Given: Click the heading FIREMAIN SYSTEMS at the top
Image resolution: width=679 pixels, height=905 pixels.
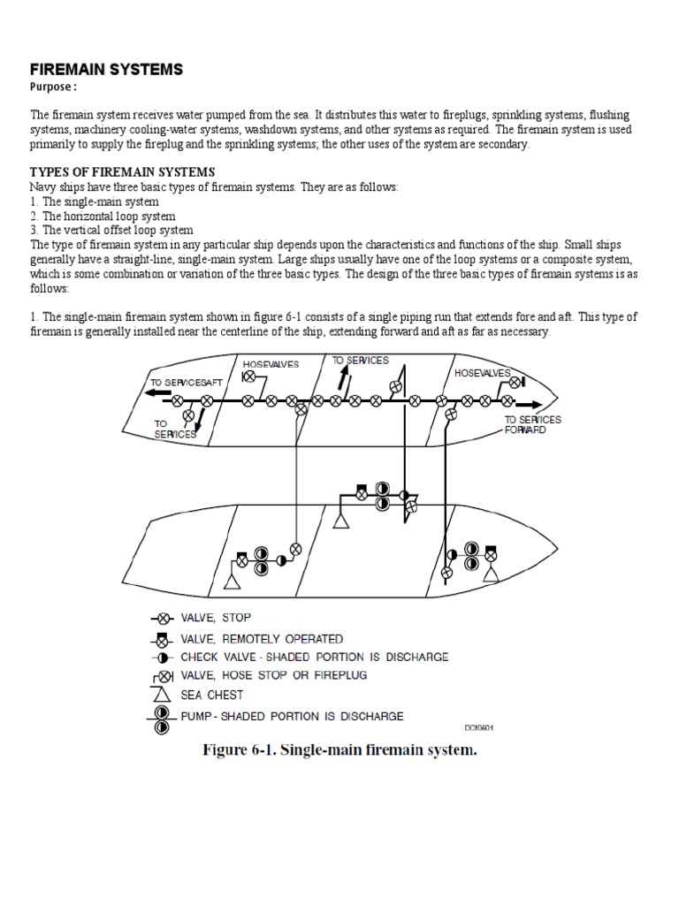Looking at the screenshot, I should click(106, 69).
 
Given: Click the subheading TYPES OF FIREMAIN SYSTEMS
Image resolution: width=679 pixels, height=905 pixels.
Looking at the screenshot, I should click(122, 171).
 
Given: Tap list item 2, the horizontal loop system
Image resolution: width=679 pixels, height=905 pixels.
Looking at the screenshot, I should click(103, 216).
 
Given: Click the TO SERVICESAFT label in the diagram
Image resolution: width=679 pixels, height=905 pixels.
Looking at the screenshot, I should click(186, 382).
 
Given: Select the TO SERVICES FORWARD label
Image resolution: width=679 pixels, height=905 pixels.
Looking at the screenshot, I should click(532, 424).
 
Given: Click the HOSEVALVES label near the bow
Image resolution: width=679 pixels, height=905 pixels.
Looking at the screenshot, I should click(482, 374).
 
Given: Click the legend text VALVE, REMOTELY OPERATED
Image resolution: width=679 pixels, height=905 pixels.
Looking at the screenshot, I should click(262, 638).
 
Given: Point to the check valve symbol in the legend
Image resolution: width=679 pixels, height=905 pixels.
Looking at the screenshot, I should click(163, 658).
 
